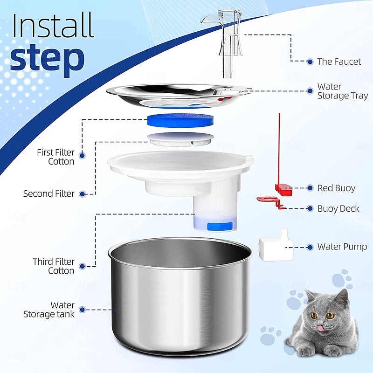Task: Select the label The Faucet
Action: pyautogui.click(x=339, y=62)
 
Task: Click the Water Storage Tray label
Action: pyautogui.click(x=342, y=91)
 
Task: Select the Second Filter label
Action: pyautogui.click(x=48, y=193)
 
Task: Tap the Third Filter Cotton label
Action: pyautogui.click(x=53, y=266)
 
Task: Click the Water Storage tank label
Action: pyautogui.click(x=48, y=310)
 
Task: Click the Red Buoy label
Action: pyautogui.click(x=336, y=188)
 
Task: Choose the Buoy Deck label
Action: pyautogui.click(x=338, y=208)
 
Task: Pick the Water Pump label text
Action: pyautogui.click(x=342, y=247)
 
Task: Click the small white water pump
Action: pyautogui.click(x=276, y=247)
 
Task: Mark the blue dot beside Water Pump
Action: pyautogui.click(x=310, y=247)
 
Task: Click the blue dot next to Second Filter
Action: pyautogui.click(x=83, y=193)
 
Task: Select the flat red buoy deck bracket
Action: pyautogui.click(x=270, y=201)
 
